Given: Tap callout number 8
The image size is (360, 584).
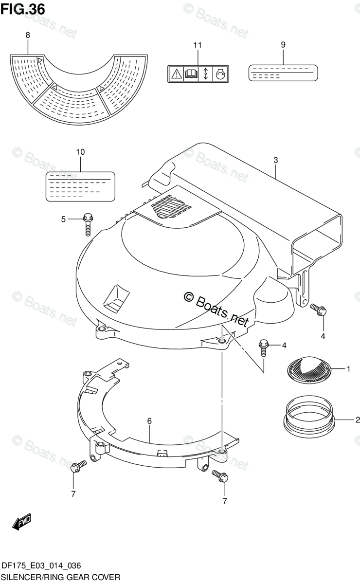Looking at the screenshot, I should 27,35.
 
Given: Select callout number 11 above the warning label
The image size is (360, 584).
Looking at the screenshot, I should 197,45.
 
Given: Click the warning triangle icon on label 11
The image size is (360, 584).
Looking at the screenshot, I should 176,74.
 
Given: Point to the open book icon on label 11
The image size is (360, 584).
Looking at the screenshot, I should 191,74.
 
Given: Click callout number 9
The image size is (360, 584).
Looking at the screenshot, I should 283,45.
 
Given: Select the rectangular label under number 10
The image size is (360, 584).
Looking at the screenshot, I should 80,186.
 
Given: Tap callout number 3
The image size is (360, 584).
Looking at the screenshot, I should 275,160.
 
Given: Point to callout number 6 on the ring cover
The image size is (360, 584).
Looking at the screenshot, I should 149,420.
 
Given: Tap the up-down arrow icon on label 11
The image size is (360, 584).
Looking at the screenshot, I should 205,74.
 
